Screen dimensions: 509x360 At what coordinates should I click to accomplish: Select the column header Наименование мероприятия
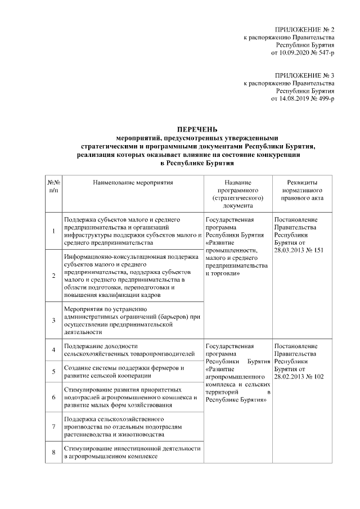tap(133, 183)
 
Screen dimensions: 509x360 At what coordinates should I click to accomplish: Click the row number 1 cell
tap(53, 231)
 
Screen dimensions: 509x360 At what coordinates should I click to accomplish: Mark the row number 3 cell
tap(53, 321)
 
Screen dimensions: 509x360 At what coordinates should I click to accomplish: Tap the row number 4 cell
tap(53, 350)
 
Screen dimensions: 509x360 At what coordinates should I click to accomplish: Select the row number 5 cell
tap(53, 372)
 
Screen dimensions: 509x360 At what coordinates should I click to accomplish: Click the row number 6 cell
tap(53, 398)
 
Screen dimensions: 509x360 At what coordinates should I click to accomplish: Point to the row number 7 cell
tap(53, 426)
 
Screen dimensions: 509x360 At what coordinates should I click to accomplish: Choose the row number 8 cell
tap(53, 452)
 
